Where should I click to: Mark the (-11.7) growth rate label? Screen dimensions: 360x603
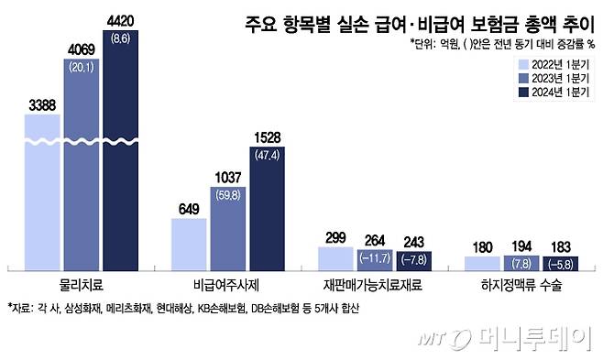[x=376, y=258]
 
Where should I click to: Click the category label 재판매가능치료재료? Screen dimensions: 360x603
[x=376, y=286]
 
